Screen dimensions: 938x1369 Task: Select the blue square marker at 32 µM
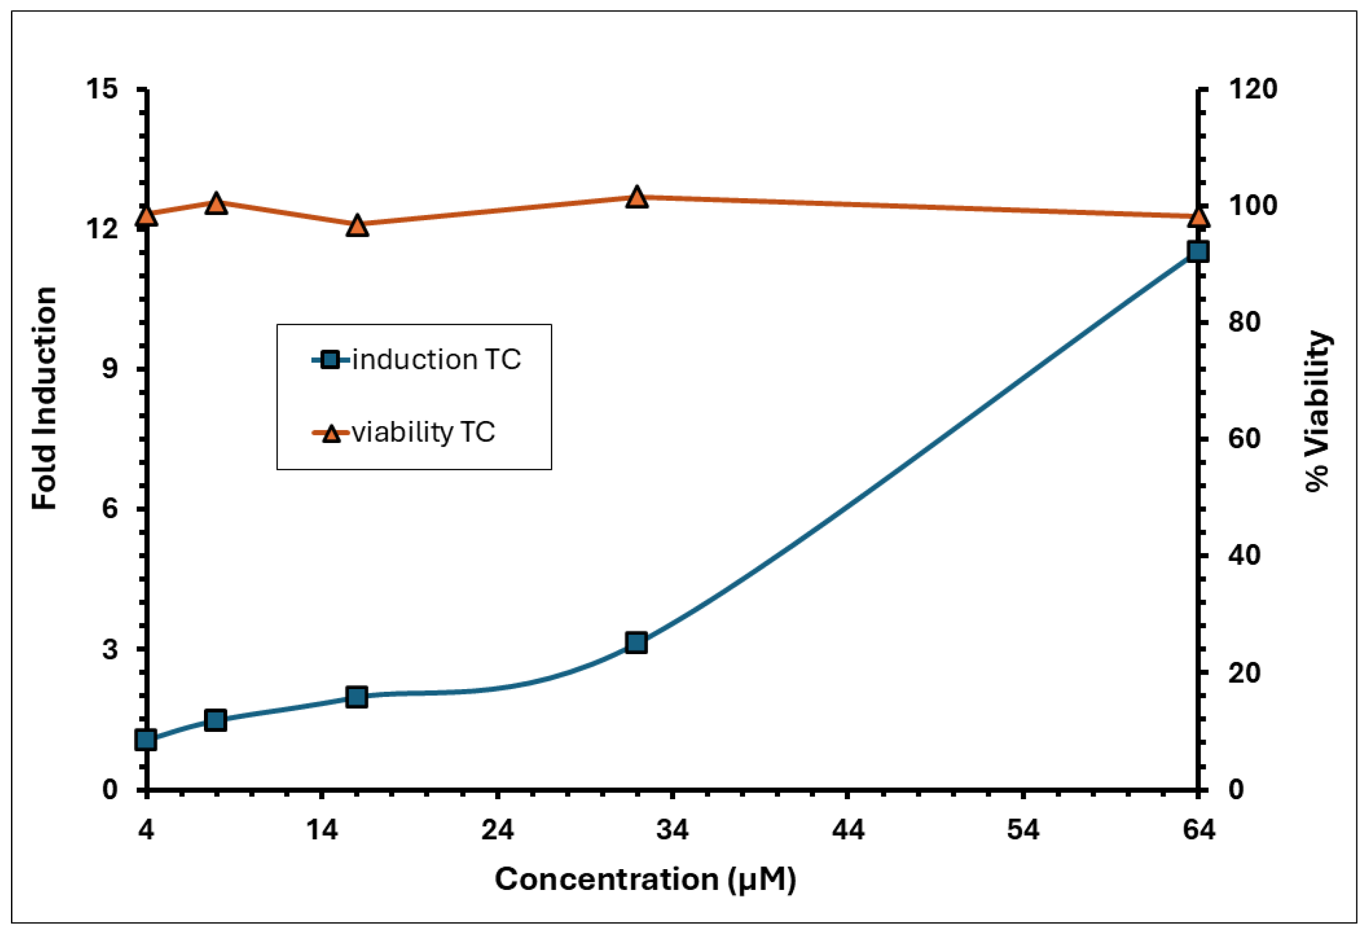pos(636,642)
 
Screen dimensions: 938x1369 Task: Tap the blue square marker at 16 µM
pos(356,697)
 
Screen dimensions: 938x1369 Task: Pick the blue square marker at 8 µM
pos(215,720)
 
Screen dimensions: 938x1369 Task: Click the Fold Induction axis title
pos(45,398)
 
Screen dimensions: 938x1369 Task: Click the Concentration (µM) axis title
pos(645,880)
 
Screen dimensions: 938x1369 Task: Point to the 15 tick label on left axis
pos(102,90)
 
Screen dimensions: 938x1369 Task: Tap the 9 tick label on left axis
pos(110,369)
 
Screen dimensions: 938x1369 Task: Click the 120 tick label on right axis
pos(1252,90)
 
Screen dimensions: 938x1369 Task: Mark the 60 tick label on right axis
pos(1244,439)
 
